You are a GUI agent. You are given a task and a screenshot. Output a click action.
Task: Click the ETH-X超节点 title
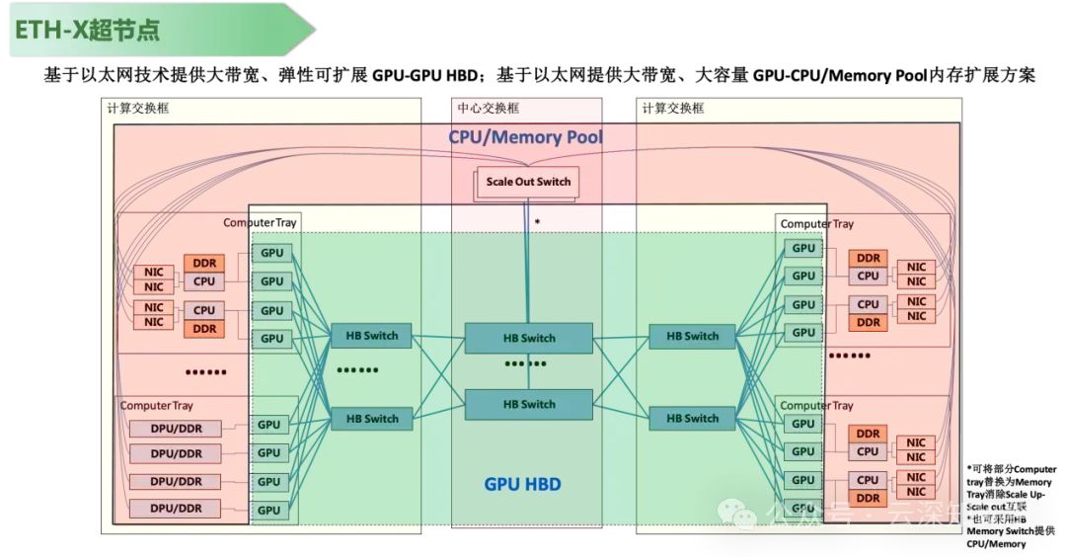click(x=87, y=30)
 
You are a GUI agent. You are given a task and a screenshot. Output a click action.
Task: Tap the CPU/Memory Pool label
click(x=525, y=137)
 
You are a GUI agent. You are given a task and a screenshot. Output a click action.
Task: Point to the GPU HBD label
click(x=522, y=485)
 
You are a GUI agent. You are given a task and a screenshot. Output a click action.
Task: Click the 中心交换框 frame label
click(x=488, y=108)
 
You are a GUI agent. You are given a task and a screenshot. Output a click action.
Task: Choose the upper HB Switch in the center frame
click(x=529, y=338)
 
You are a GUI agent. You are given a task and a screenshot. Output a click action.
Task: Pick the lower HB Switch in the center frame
click(x=529, y=404)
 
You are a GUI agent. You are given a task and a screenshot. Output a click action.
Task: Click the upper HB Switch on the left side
click(x=371, y=336)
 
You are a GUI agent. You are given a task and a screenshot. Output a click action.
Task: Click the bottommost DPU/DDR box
click(x=176, y=508)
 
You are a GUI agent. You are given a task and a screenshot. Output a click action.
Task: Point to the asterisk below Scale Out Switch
click(x=537, y=223)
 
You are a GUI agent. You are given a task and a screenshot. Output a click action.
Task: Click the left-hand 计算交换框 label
click(x=138, y=108)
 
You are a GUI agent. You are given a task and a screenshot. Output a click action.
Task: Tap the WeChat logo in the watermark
click(x=736, y=513)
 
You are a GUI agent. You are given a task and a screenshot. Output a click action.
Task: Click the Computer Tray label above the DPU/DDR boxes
click(x=157, y=406)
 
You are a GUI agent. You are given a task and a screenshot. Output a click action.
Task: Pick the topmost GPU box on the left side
click(x=270, y=253)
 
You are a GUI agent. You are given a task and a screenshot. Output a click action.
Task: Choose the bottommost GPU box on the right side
click(x=803, y=508)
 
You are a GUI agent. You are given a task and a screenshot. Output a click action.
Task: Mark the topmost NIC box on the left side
click(x=154, y=273)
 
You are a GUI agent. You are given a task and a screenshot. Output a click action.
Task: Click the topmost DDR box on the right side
click(x=868, y=258)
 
